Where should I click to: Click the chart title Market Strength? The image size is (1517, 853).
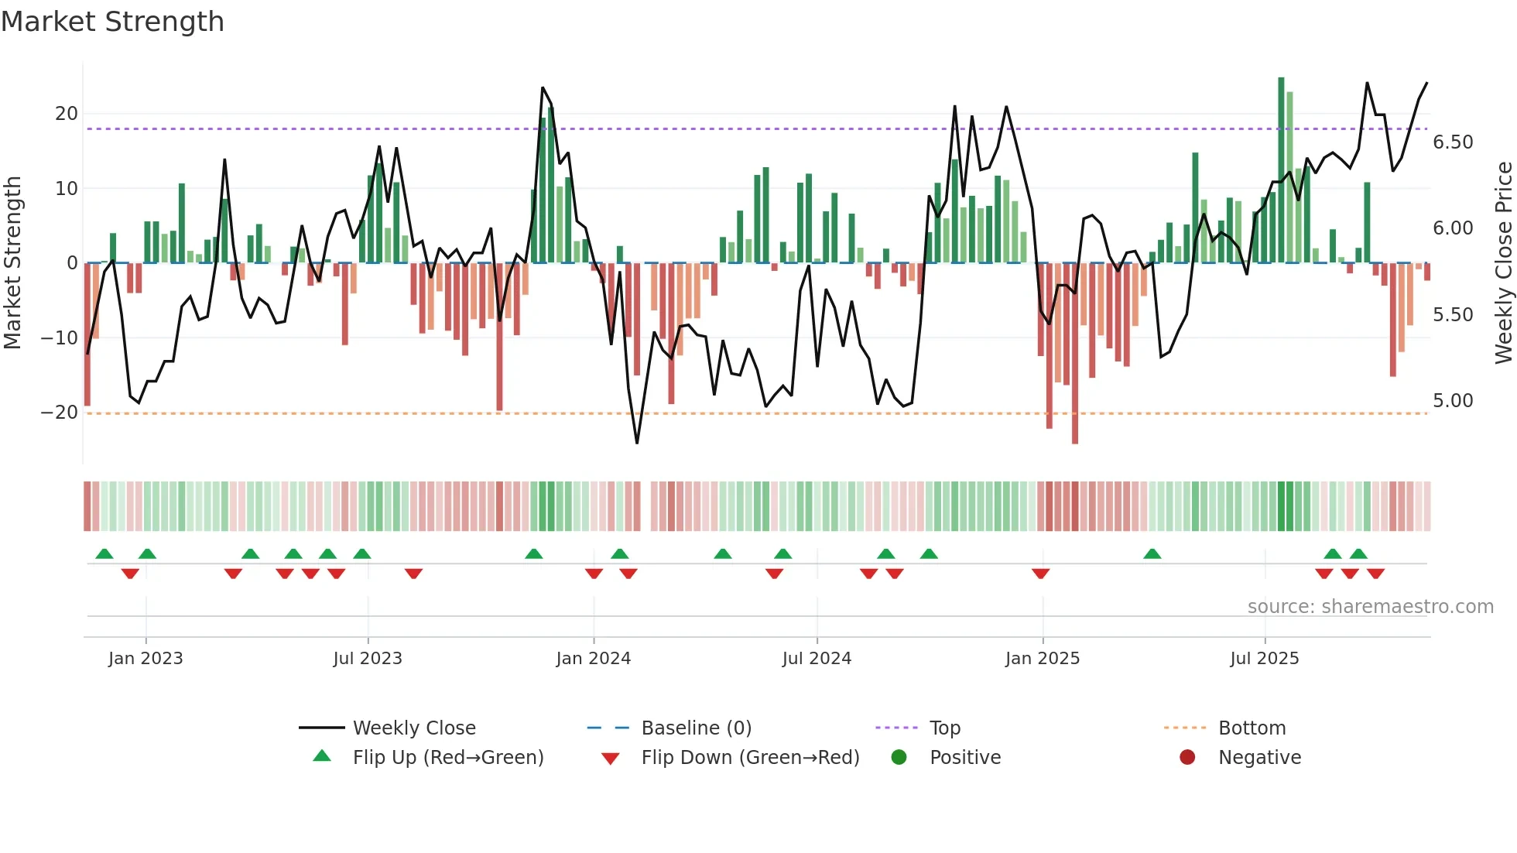pos(113,22)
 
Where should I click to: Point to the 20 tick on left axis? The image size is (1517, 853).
pos(67,114)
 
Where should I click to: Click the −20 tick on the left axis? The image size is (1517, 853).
pos(60,413)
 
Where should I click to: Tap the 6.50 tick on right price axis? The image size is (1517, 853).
pos(1453,142)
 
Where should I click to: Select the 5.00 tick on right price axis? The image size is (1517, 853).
pos(1453,401)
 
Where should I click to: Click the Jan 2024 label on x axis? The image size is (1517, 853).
pos(593,659)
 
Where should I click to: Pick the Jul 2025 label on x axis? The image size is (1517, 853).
pos(1264,659)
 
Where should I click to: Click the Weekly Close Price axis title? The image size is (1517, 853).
pos(1503,263)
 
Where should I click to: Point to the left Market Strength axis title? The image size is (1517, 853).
pos(12,263)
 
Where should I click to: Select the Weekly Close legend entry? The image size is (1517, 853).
pos(414,728)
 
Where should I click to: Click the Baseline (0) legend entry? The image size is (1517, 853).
pos(696,728)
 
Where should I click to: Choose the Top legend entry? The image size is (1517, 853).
pos(944,728)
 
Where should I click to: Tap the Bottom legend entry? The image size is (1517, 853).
pos(1252,728)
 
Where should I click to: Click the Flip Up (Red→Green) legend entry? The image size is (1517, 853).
pos(448,758)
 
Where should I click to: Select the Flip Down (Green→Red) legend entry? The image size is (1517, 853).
pos(750,758)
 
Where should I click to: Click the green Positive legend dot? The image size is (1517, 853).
pos(899,757)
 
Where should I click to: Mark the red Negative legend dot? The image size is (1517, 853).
pos(1187,757)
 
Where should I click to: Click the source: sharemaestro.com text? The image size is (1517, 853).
pos(1370,607)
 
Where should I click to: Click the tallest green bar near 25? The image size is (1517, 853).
pos(1281,170)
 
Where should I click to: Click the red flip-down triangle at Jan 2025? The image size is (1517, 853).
pos(1040,574)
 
